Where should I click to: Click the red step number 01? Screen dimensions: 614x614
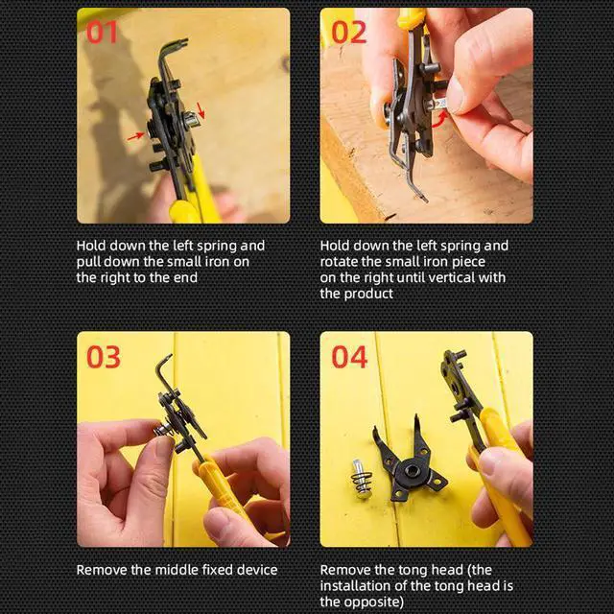(x=103, y=32)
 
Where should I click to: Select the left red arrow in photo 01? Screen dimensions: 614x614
(x=136, y=136)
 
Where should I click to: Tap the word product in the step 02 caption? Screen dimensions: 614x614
(x=370, y=294)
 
